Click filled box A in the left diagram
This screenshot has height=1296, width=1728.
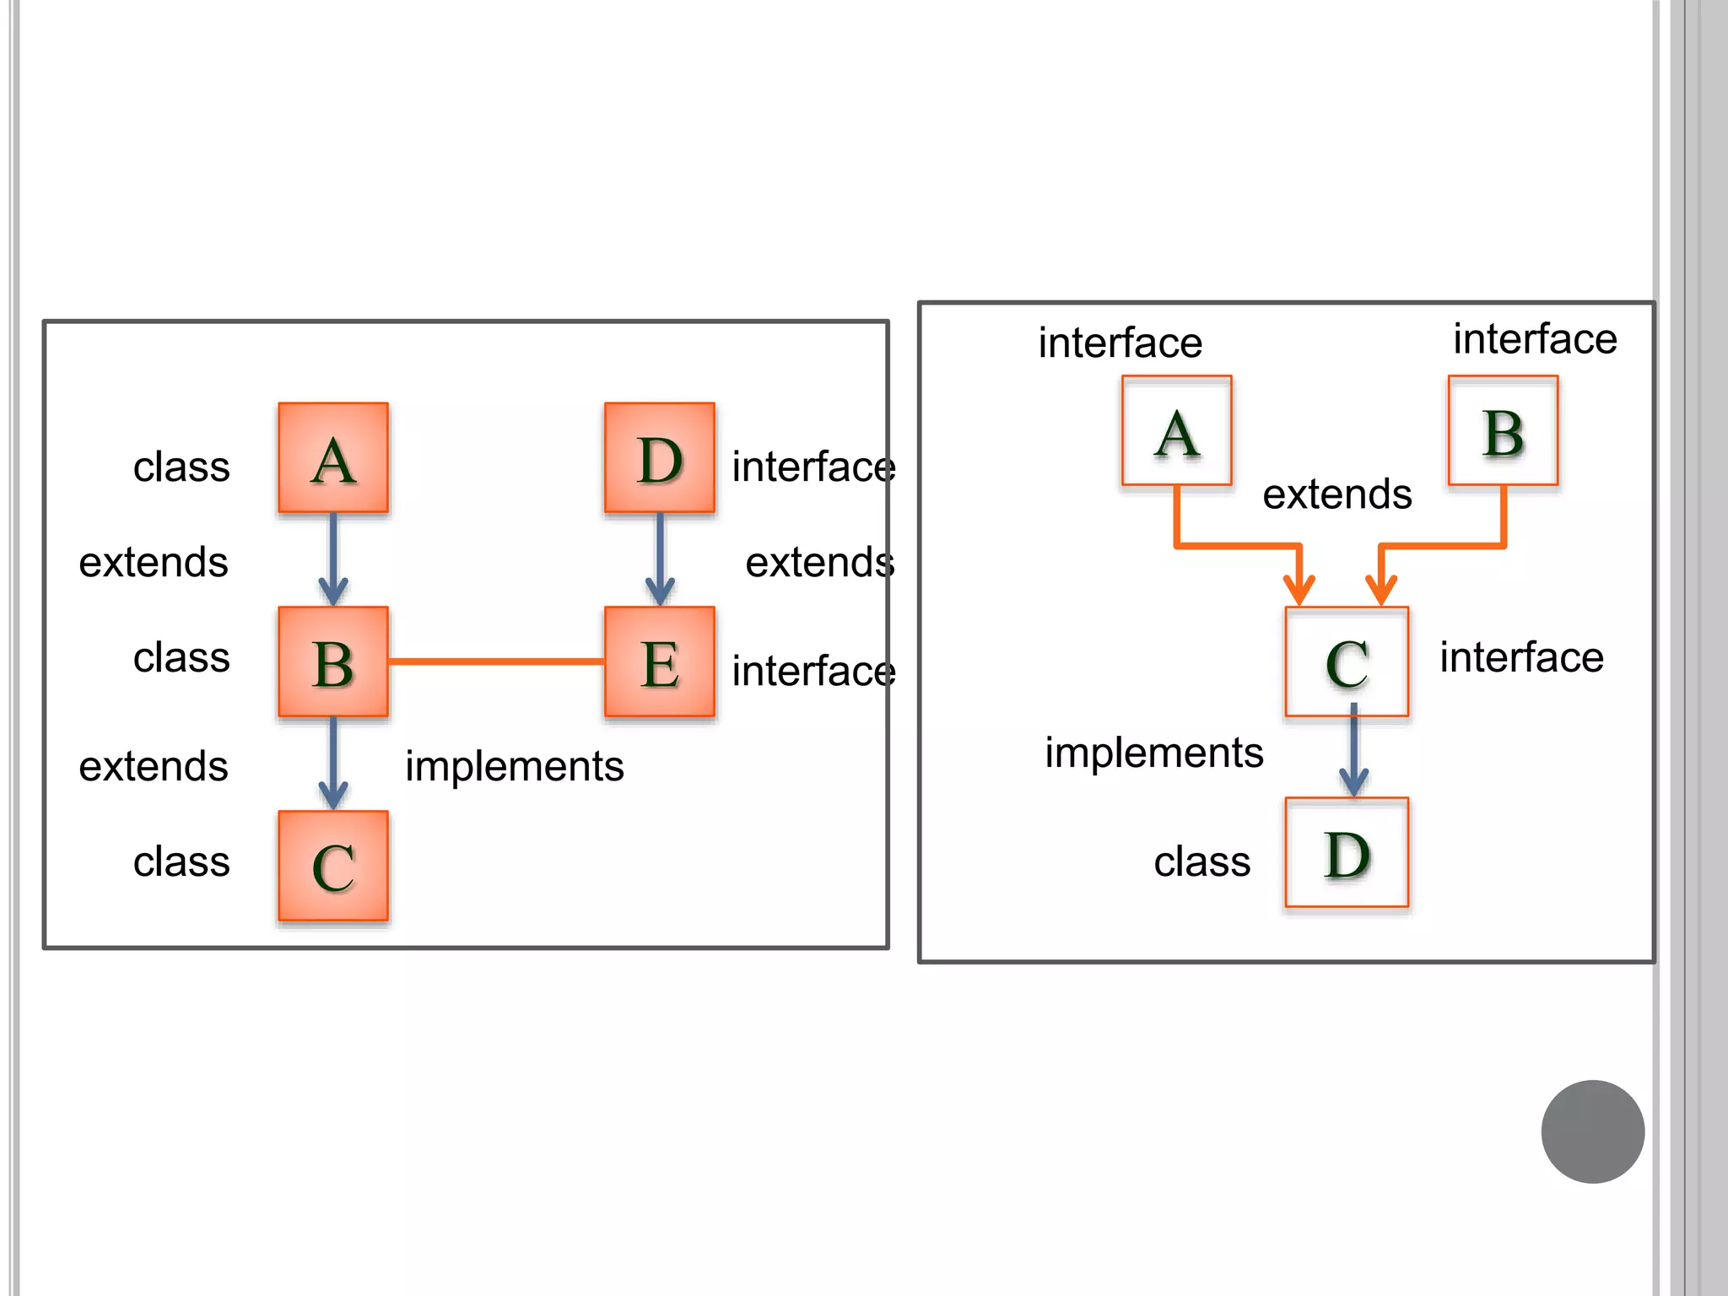[x=333, y=457]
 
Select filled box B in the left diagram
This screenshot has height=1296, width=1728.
[x=333, y=661]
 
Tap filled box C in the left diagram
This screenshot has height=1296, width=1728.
[x=333, y=866]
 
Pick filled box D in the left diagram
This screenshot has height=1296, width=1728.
[x=660, y=457]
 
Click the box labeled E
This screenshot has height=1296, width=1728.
[x=660, y=661]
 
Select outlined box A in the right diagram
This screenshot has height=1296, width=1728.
[x=1177, y=430]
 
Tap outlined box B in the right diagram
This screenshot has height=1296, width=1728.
[x=1504, y=430]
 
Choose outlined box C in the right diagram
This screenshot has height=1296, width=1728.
[x=1347, y=661]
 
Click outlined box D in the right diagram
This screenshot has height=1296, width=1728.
[x=1347, y=852]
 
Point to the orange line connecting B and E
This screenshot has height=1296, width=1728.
[x=496, y=661]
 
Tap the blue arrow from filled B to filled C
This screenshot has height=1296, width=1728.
[x=333, y=761]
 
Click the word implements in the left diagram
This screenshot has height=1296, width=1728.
[x=515, y=766]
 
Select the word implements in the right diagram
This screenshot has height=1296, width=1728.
[x=1154, y=752]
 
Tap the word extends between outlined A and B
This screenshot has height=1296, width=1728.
[x=1337, y=494]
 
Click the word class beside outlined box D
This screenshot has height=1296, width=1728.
[x=1202, y=861]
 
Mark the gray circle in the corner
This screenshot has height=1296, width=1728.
[x=1592, y=1131]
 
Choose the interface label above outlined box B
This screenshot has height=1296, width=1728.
[x=1535, y=338]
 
